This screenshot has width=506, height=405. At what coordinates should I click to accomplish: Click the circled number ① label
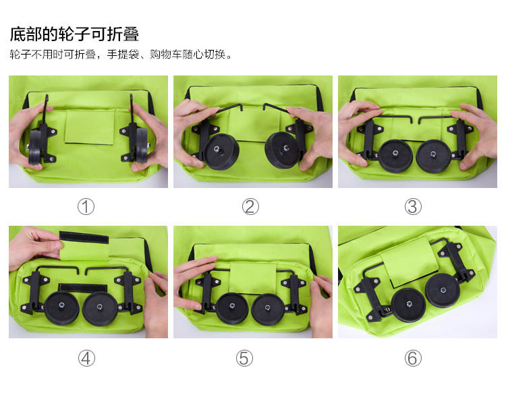(86, 207)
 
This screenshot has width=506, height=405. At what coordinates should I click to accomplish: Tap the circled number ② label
(250, 207)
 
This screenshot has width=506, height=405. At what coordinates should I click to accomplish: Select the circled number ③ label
(413, 207)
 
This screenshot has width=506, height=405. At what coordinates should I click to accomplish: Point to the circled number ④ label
(86, 358)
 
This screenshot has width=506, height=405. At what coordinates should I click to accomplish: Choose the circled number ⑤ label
(244, 358)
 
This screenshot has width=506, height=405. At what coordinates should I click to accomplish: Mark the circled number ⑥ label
(413, 358)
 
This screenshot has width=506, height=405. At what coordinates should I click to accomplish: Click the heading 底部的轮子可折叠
(74, 34)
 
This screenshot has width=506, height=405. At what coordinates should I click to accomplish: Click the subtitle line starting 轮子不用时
(121, 54)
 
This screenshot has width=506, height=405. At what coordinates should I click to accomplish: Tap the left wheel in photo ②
(222, 152)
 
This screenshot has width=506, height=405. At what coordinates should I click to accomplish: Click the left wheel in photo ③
(395, 156)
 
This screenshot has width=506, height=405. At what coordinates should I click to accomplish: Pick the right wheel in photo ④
(100, 309)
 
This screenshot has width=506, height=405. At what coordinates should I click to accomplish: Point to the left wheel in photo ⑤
(232, 309)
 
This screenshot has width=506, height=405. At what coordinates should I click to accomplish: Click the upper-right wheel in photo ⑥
(443, 290)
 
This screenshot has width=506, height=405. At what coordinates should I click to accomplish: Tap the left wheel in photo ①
(36, 147)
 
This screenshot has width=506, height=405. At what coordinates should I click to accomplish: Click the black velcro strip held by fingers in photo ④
(84, 237)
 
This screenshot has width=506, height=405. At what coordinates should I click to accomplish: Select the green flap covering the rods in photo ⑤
(254, 278)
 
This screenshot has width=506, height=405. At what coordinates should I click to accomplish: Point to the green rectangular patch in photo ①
(90, 127)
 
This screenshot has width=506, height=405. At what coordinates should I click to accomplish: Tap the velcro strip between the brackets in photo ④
(82, 288)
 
